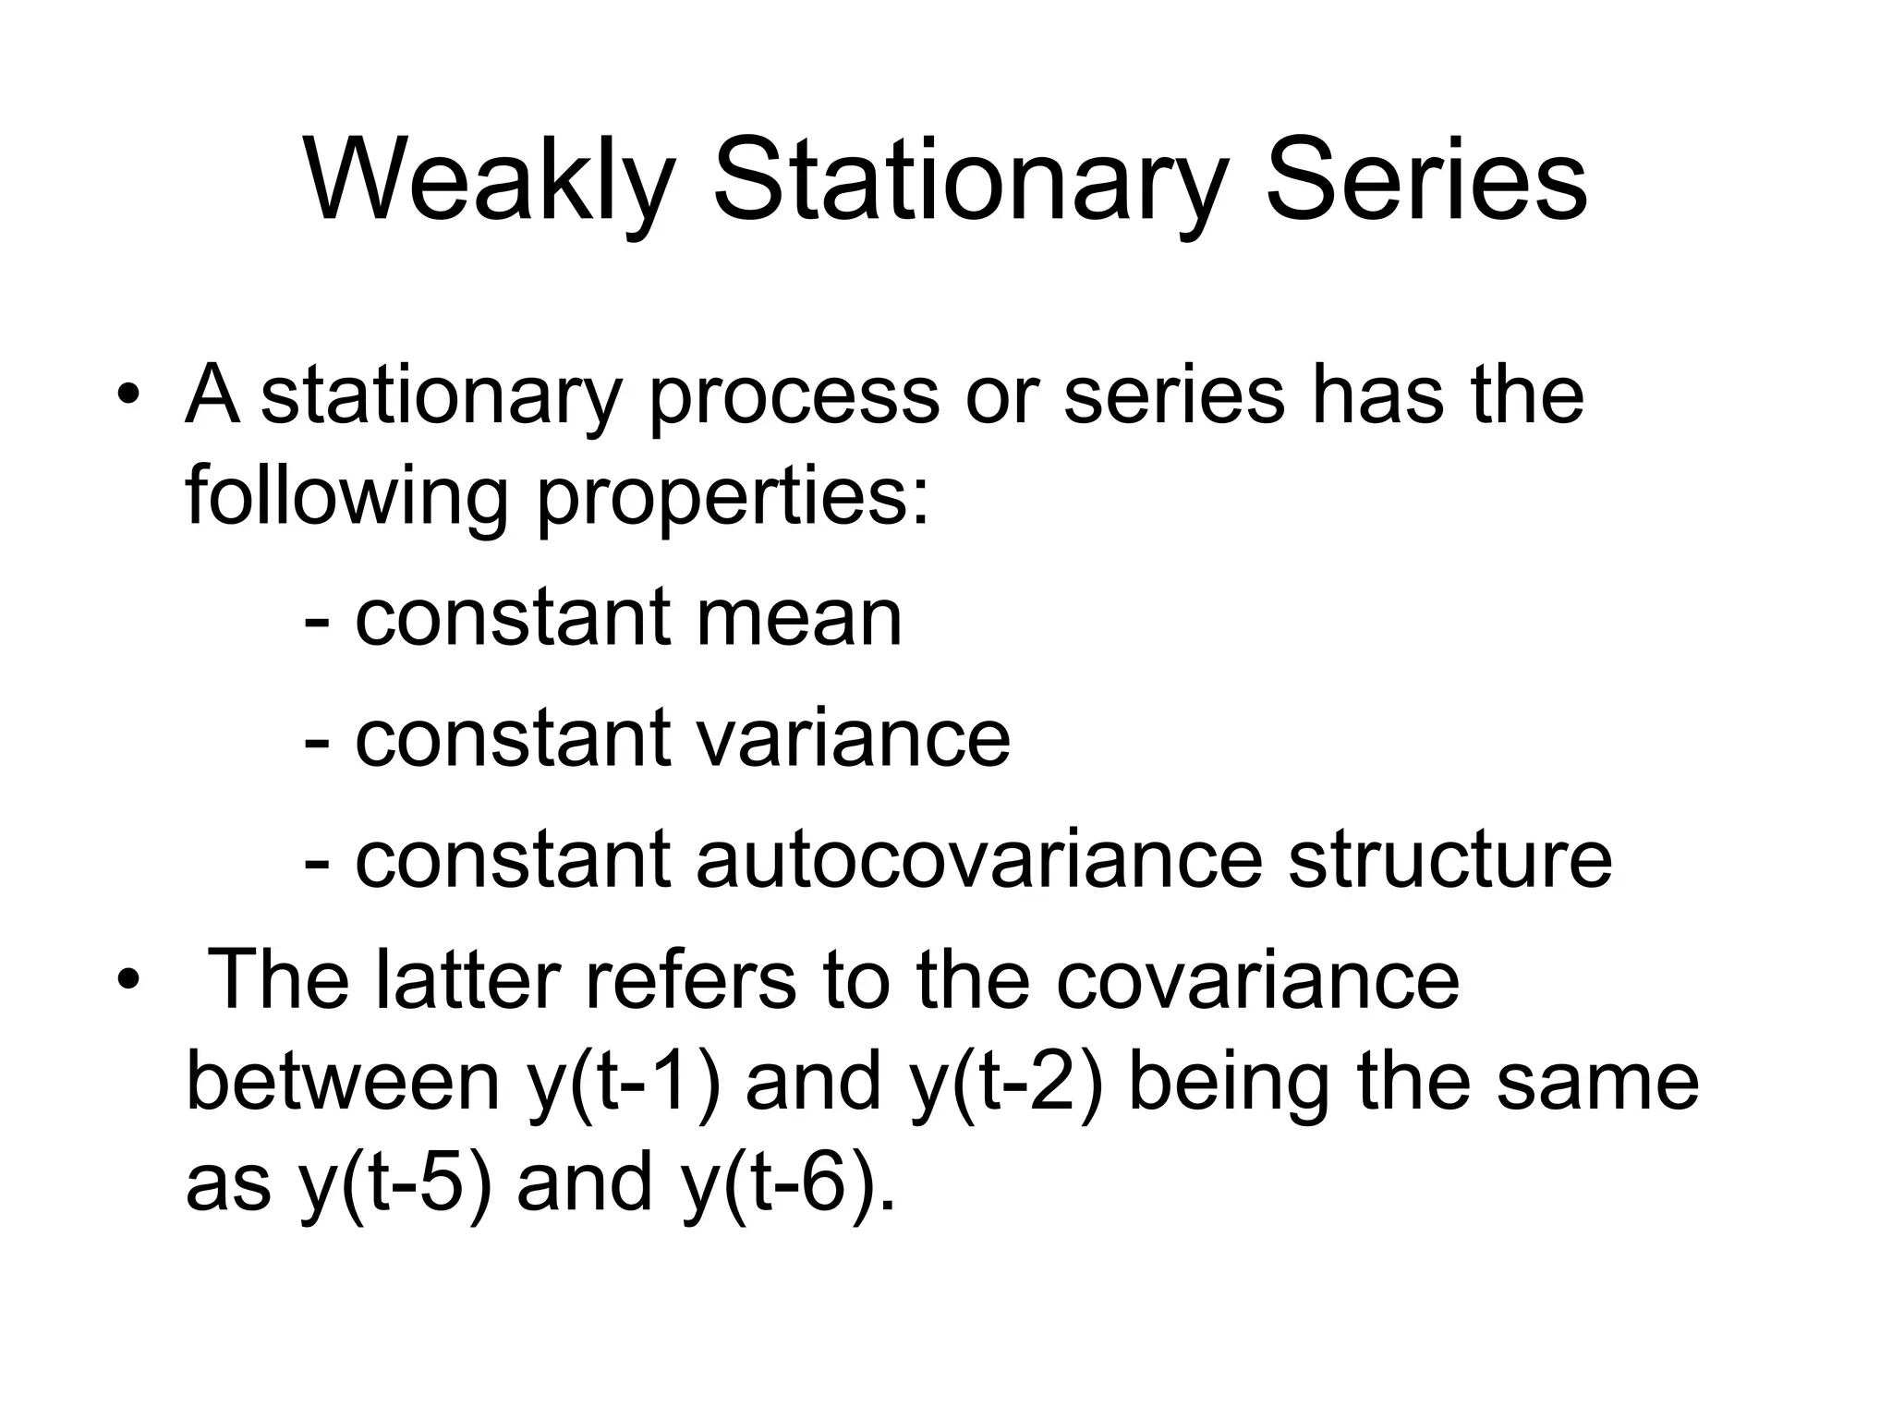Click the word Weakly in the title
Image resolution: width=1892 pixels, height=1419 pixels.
(489, 180)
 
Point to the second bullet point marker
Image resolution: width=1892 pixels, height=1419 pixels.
(128, 982)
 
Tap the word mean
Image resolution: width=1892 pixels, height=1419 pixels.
(798, 619)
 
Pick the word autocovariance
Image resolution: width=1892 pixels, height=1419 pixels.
(978, 859)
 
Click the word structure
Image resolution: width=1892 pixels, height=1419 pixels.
(1449, 859)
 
